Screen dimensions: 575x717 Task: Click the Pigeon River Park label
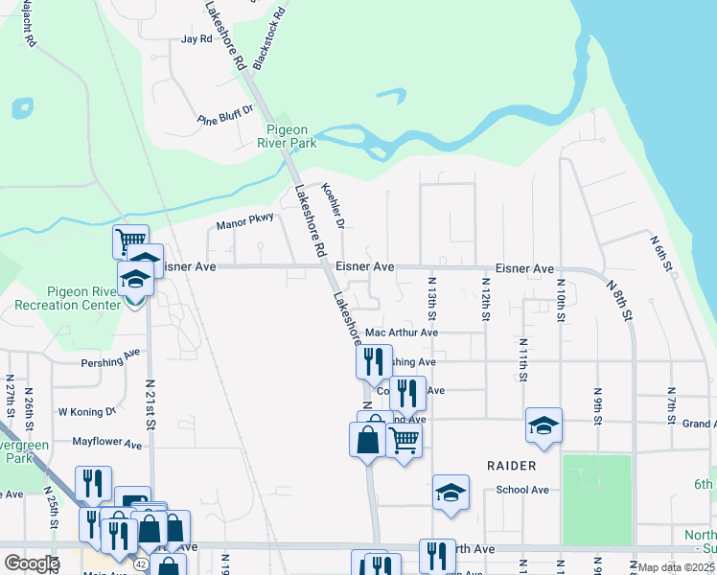coord(290,136)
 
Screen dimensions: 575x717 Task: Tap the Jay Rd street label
coord(196,39)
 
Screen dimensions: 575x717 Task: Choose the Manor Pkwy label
coord(245,222)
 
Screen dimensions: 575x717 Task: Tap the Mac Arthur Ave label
coord(402,333)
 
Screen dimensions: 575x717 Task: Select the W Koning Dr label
coord(86,411)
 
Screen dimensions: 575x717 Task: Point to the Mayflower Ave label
coord(107,444)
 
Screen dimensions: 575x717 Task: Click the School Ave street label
coord(522,490)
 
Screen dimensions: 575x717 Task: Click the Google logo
coord(31,563)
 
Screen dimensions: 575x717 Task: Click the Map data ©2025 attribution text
coord(675,567)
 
